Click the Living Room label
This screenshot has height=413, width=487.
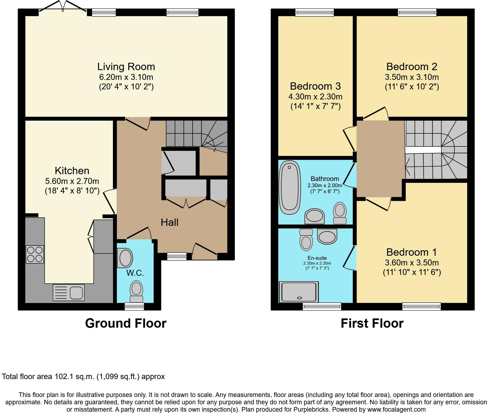coord(126,67)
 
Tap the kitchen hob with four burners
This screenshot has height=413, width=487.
coord(35,254)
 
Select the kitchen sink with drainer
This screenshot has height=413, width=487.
coord(68,292)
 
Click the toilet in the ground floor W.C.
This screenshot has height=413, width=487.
coord(136,292)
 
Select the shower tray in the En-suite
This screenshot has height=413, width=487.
coord(299,292)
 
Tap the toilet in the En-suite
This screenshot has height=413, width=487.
coord(306,239)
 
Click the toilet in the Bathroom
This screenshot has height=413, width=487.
coord(340,213)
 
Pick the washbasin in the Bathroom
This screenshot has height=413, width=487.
coord(315,217)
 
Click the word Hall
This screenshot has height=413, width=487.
coord(170,222)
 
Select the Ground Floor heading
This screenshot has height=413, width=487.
coord(126,323)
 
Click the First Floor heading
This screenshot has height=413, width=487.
coord(372,323)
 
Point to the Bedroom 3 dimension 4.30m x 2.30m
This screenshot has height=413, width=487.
coord(315,96)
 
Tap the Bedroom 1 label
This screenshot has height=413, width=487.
coord(412,252)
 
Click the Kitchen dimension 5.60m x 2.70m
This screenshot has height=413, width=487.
coord(72,181)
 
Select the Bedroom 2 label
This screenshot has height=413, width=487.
coord(412,67)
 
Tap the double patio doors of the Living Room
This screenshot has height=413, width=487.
coord(63,6)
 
